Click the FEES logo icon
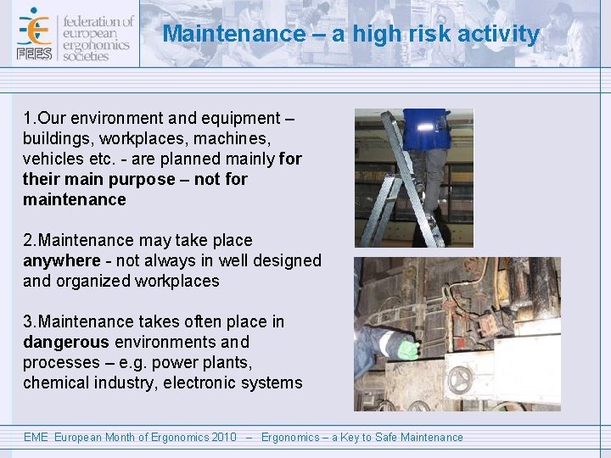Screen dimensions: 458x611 (x=34, y=34)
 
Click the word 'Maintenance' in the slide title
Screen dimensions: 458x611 (x=222, y=34)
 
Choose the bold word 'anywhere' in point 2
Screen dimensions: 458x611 (x=61, y=260)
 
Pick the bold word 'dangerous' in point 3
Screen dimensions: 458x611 (x=66, y=342)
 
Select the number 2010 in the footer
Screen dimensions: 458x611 (x=224, y=438)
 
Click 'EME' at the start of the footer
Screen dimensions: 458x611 (x=36, y=438)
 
